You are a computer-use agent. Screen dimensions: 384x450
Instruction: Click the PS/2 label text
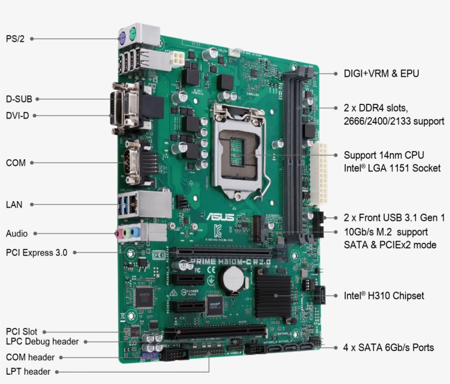click(15, 38)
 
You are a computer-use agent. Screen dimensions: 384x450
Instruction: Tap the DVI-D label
click(18, 116)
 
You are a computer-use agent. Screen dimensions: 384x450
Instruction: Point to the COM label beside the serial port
click(15, 163)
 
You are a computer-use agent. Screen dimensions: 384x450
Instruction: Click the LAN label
click(14, 204)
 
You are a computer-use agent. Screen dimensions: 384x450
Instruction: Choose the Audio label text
click(16, 233)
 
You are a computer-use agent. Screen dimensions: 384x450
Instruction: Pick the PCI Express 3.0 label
click(36, 253)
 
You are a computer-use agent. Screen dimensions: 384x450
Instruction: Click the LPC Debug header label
click(42, 342)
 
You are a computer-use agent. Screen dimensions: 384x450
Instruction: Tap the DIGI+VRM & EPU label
click(381, 73)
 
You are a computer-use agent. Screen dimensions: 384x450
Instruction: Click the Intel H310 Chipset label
click(384, 296)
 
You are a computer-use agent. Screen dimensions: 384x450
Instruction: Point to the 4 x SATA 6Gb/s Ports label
click(389, 347)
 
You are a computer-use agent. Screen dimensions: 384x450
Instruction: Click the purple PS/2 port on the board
click(123, 38)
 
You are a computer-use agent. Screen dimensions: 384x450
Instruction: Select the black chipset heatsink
click(273, 295)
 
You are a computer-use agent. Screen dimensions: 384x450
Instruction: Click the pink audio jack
click(119, 233)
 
